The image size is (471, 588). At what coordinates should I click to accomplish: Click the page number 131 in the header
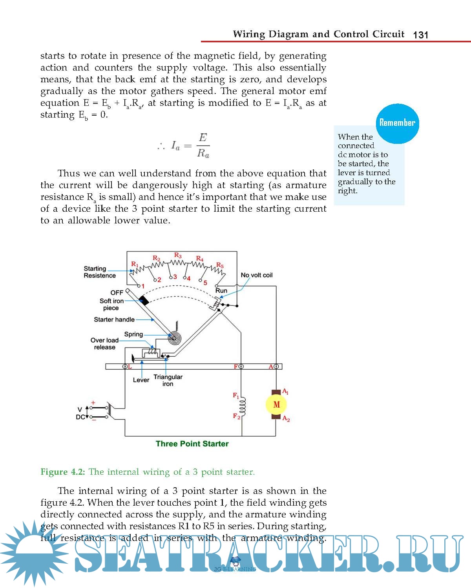coord(420,35)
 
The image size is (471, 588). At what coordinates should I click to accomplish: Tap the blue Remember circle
coord(397,123)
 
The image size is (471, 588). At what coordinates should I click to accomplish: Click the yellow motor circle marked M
coord(276,405)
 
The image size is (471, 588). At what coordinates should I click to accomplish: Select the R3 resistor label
coord(178,255)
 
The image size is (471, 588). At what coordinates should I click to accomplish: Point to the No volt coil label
coord(256,275)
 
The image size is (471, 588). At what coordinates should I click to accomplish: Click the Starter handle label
coord(114,319)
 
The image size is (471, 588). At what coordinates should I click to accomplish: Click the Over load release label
coord(104,344)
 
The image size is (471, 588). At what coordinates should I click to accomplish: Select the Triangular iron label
coord(168,380)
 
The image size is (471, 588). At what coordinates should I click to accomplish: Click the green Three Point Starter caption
coord(192,444)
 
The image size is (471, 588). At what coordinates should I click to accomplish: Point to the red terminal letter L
coord(130,367)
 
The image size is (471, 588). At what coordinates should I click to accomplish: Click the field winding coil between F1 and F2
coord(242,407)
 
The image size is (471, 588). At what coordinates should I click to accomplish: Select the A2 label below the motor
coord(286,419)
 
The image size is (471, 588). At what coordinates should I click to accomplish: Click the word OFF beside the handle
coord(117,292)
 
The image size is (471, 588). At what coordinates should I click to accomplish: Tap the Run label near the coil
coord(221,290)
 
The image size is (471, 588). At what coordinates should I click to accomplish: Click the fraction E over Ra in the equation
coord(203,145)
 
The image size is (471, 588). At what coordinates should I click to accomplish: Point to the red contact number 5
coord(205,283)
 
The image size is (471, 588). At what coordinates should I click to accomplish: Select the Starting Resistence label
coord(100,272)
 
